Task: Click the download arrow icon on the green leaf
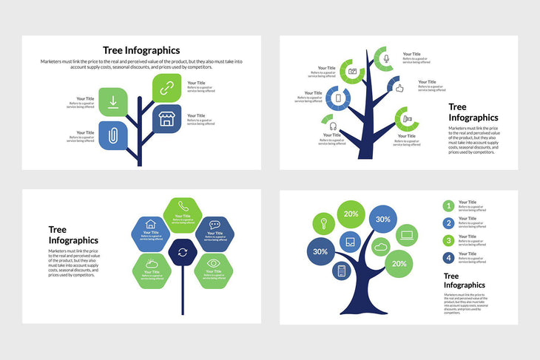(113, 102)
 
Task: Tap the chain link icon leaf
(166, 87)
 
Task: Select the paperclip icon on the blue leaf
(113, 135)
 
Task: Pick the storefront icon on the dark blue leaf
(166, 118)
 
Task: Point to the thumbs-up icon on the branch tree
(399, 88)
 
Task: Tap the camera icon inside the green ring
(353, 71)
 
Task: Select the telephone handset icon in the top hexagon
(183, 206)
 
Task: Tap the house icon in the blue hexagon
(151, 224)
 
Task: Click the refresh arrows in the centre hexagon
(183, 252)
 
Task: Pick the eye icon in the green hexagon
(214, 262)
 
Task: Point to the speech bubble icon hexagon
(215, 224)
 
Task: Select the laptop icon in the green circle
(406, 237)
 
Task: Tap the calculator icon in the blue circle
(342, 271)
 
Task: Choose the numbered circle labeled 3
(448, 240)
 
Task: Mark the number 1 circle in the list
(448, 206)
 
